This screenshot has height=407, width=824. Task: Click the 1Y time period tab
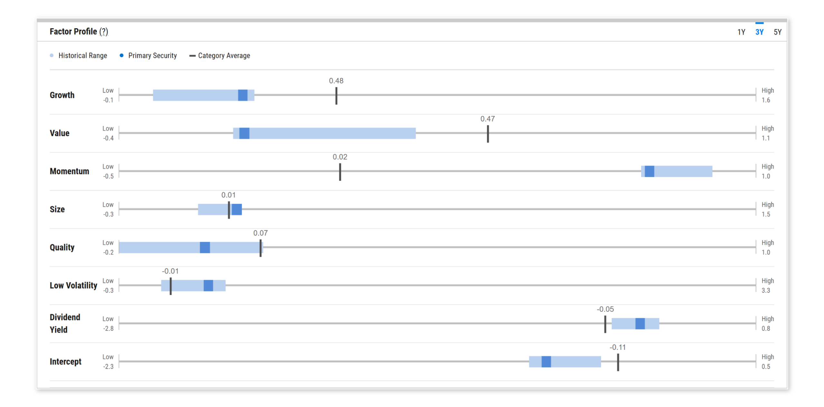tap(741, 32)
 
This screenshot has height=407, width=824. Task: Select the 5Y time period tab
tap(777, 32)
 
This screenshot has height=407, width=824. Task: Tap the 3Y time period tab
tap(759, 32)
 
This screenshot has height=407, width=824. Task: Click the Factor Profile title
tap(73, 32)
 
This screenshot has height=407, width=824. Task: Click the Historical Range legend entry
tap(82, 56)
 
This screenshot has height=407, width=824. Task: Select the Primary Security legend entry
tap(152, 56)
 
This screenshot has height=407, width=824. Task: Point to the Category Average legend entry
tap(224, 56)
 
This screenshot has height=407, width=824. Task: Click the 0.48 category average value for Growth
tap(336, 81)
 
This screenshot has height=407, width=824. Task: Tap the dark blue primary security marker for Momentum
tap(649, 171)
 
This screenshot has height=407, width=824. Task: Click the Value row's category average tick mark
tap(488, 133)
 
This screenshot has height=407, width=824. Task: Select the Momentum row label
tap(69, 171)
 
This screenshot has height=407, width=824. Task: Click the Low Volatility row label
tap(73, 285)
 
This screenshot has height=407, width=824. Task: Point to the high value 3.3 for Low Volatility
tap(766, 291)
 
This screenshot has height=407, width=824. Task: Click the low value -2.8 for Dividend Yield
tap(108, 329)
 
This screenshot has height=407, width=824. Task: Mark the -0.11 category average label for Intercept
tap(617, 348)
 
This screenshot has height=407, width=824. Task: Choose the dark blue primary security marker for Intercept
tap(546, 362)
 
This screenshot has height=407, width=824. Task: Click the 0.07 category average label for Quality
tap(260, 233)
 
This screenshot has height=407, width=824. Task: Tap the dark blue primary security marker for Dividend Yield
tap(640, 324)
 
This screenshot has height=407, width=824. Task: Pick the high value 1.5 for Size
tap(766, 214)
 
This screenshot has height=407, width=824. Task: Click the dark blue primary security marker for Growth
tap(243, 95)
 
